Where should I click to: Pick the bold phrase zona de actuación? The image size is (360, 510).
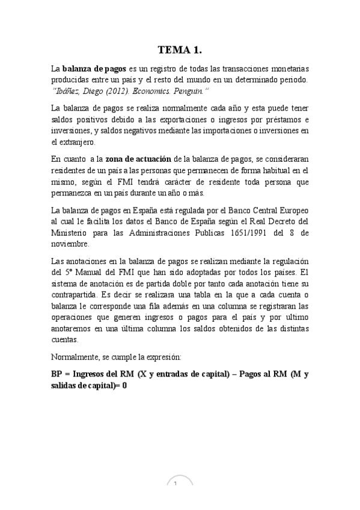pos(138,159)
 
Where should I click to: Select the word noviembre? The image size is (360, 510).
pos(70,244)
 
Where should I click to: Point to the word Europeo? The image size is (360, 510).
pos(291,210)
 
